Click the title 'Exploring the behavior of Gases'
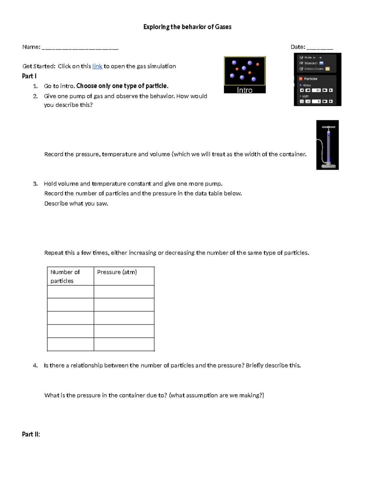187,27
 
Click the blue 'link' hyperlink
97,66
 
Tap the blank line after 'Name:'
80,48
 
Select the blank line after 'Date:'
320,48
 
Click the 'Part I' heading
29,76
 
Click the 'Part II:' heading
31,434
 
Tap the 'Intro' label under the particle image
245,90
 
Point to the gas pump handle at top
328,127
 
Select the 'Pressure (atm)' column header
117,272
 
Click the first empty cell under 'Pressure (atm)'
124,292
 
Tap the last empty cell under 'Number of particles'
70,344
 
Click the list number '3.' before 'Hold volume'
35,184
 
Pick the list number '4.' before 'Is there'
35,365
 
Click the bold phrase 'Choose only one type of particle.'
122,86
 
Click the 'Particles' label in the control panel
310,79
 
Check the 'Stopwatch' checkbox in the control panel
301,63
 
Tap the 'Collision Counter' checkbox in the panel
301,69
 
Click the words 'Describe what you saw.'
76,204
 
